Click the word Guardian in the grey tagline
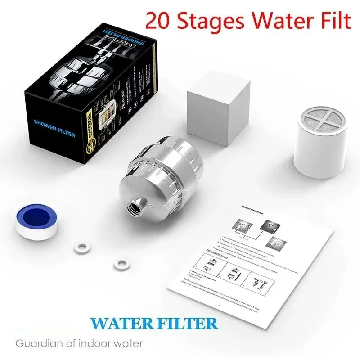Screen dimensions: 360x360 36,344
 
